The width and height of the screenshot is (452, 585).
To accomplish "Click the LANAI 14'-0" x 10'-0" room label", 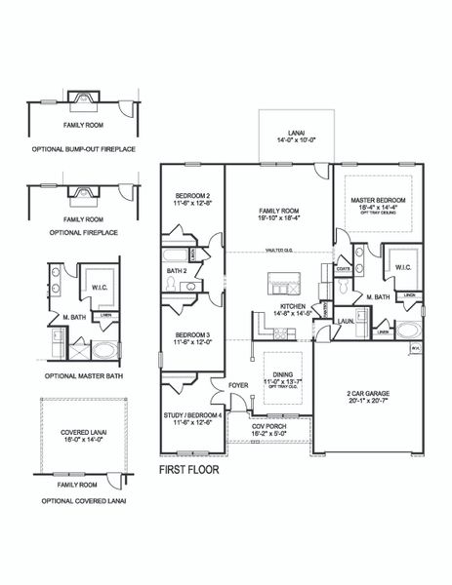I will tap(292, 138).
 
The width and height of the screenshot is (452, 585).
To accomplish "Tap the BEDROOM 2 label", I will tap(192, 197).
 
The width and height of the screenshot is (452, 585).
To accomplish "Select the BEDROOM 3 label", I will tap(192, 338).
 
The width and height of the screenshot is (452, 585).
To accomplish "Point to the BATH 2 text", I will tap(176, 270).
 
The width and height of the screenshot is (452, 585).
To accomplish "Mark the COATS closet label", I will tap(343, 268).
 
